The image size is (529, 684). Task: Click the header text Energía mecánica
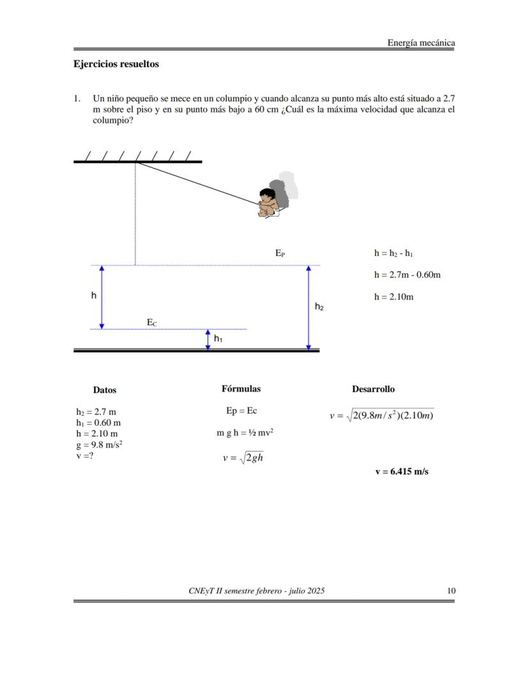421,43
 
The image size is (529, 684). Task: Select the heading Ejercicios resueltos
116,64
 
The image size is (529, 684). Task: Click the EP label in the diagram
280,254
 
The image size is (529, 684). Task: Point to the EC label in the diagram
151,323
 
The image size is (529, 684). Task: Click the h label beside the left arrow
94,296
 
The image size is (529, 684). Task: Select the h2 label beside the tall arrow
319,307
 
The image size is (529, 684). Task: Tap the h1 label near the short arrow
218,338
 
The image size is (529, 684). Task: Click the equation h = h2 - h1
394,253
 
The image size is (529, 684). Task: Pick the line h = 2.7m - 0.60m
407,275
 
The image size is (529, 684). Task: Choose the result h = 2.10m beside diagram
394,296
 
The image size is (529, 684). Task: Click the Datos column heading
105,390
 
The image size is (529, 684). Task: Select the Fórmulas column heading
241,388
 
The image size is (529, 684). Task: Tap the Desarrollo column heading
373,389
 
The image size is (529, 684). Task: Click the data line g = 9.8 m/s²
99,445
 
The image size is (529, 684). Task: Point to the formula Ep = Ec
241,411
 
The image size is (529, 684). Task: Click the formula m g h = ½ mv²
245,433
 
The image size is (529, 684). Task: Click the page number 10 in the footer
451,591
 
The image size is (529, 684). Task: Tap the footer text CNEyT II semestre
256,591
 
